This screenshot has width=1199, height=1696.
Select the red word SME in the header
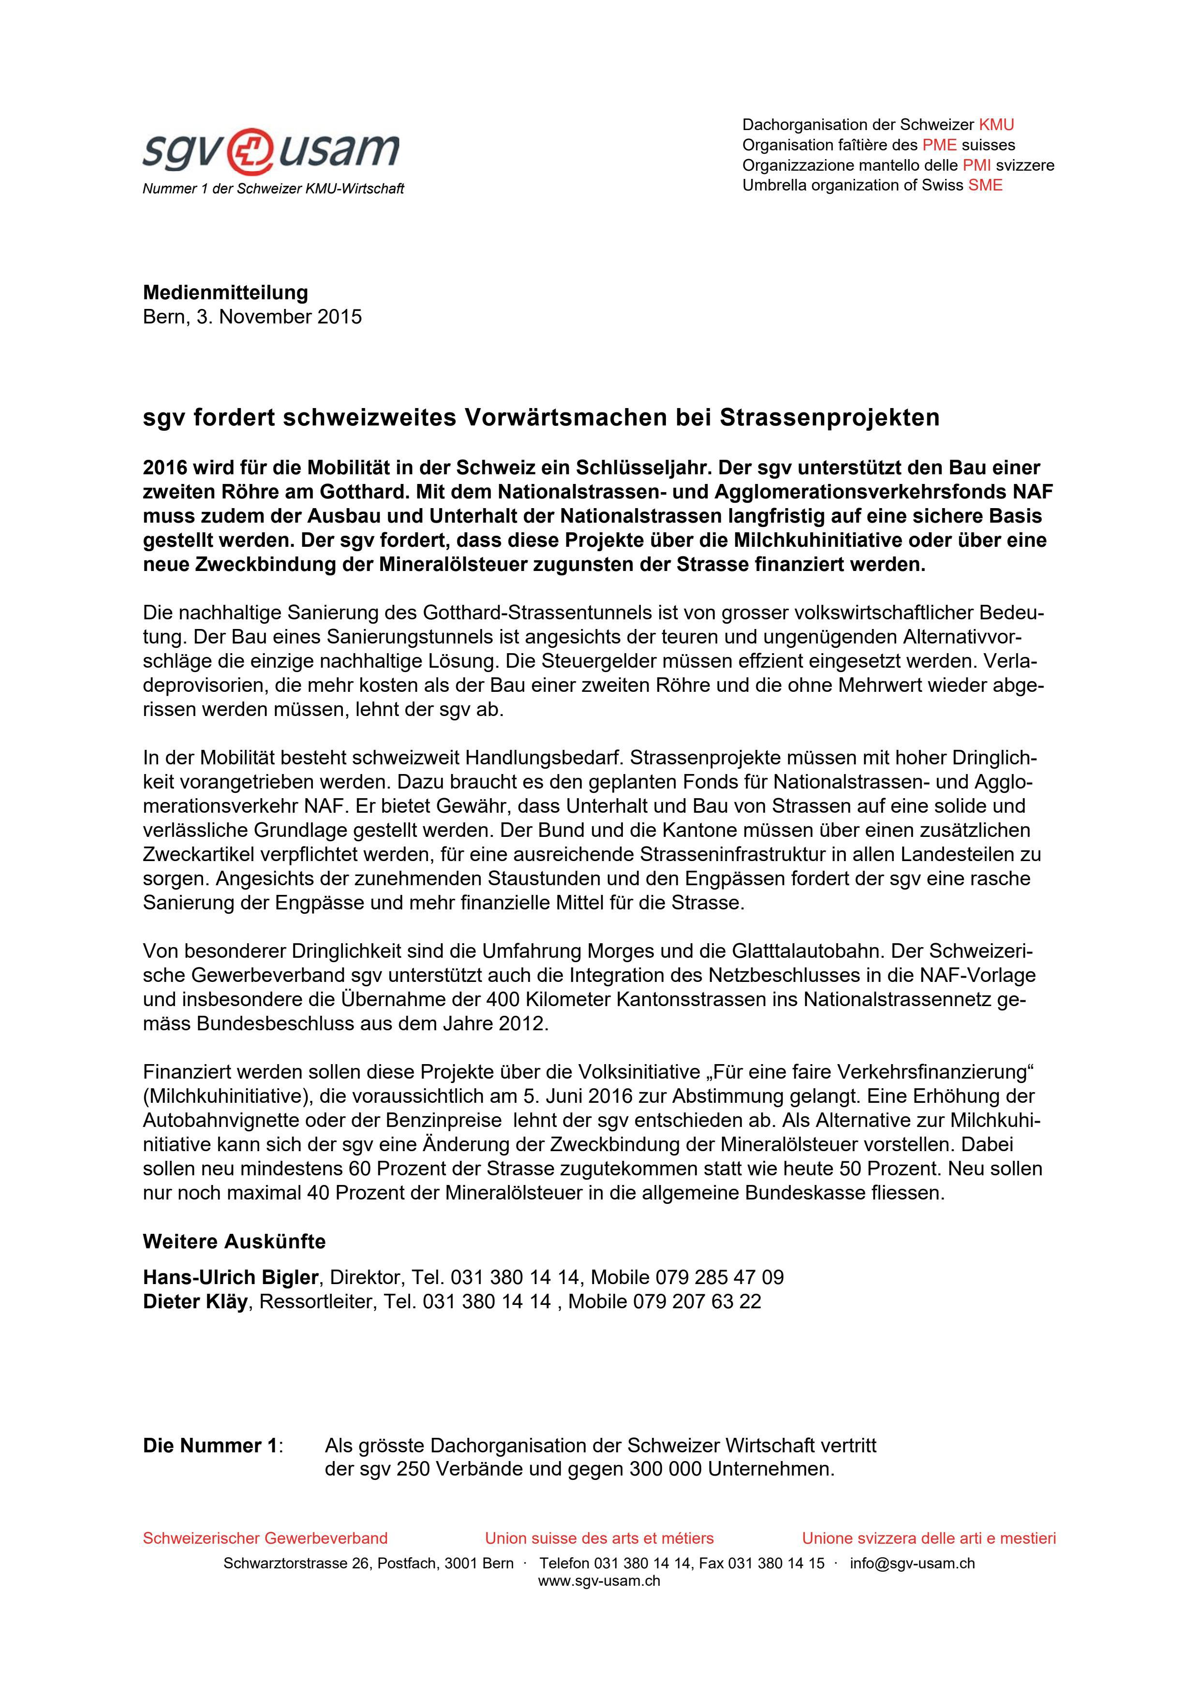point(986,185)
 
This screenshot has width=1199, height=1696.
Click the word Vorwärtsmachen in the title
point(565,418)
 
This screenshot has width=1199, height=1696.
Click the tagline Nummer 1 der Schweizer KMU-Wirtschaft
point(273,189)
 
